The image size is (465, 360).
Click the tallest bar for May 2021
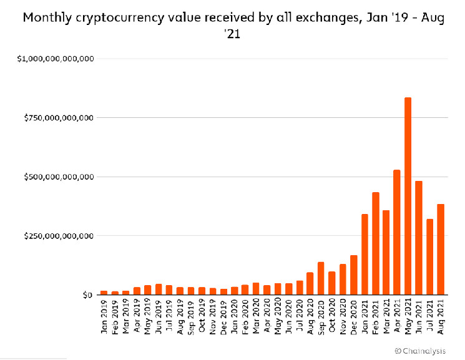[408, 196]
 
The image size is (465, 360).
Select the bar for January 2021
[365, 254]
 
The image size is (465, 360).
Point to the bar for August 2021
[440, 249]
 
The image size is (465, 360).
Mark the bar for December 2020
[354, 275]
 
